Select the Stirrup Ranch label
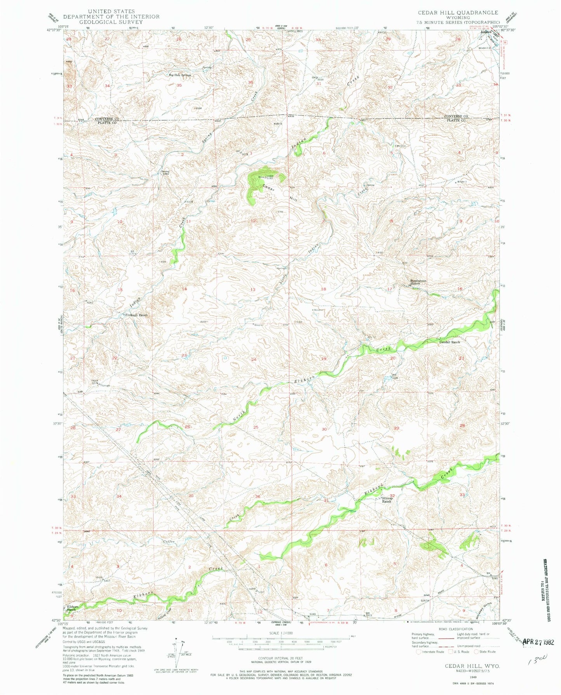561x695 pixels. pos(387,500)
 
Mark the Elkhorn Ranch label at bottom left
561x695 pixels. pos(71,608)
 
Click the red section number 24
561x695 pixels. pos(254,359)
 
